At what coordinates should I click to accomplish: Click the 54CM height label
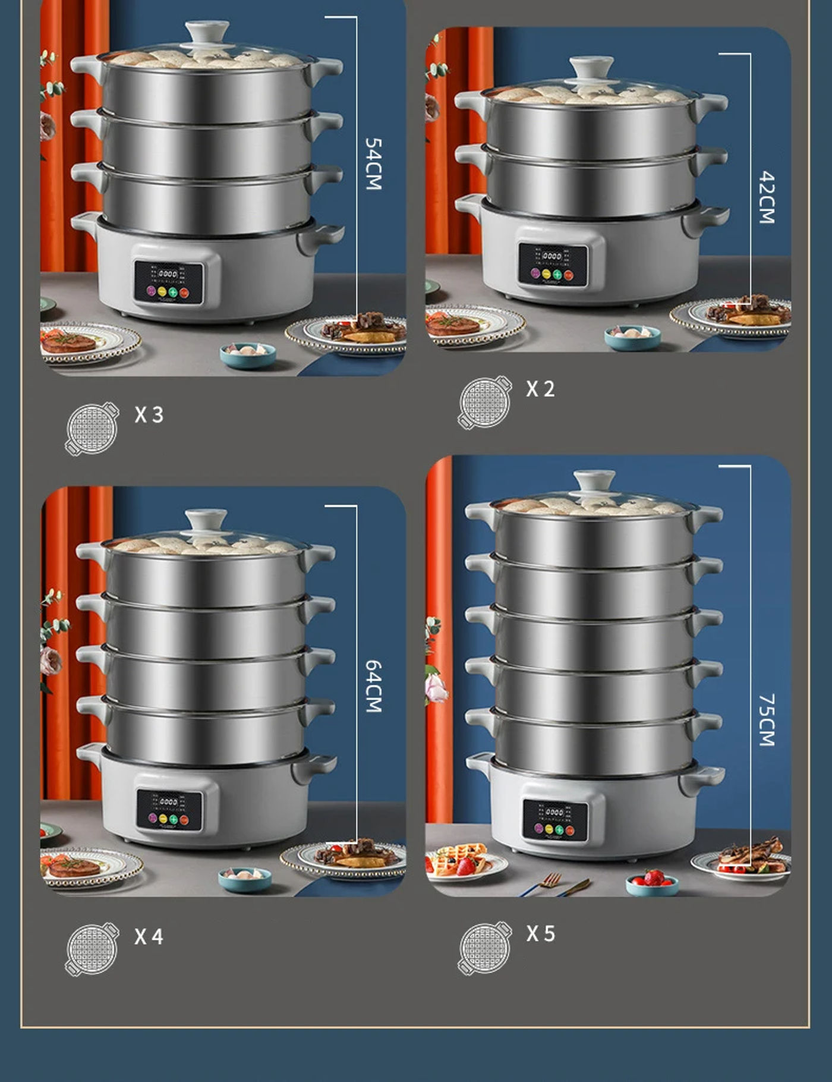[373, 164]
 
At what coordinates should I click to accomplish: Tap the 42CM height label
[767, 197]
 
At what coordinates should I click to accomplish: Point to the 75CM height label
[767, 719]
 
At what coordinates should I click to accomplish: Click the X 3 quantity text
[149, 414]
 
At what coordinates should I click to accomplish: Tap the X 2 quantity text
[540, 389]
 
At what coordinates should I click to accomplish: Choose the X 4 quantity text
[149, 936]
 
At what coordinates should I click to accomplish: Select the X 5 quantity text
[540, 933]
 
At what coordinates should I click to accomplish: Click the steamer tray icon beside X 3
[92, 429]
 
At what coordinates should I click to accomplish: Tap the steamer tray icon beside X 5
[485, 948]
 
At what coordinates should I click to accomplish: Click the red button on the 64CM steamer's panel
[184, 820]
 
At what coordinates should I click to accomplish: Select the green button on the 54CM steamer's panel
[173, 292]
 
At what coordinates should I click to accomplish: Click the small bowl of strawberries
[651, 880]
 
